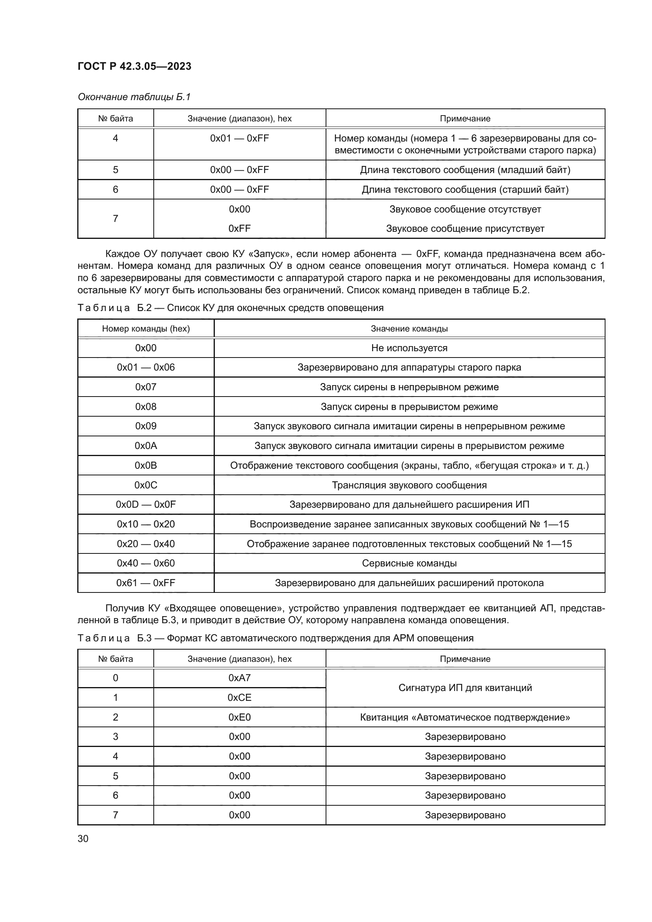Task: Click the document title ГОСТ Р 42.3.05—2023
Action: (134, 66)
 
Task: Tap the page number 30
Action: (83, 838)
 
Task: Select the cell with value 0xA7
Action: (239, 678)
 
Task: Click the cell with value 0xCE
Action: (239, 698)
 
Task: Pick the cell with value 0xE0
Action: (239, 717)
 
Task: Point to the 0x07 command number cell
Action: (146, 387)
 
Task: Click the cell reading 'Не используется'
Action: (409, 348)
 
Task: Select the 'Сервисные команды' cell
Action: (409, 563)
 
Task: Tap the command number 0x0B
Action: (146, 466)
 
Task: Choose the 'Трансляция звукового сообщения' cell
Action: (409, 485)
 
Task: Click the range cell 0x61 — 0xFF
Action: (146, 583)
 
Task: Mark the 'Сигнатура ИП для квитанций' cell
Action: (465, 687)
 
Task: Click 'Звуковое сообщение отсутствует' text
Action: (465, 209)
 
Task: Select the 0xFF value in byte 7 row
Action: (239, 229)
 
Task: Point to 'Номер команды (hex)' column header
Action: (146, 328)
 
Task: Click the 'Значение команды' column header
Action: (409, 328)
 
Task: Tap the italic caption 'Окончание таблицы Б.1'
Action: (134, 97)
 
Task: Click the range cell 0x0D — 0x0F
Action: (146, 505)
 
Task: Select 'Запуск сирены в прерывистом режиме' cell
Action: (409, 407)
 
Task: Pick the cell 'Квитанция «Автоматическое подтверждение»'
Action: (465, 717)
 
